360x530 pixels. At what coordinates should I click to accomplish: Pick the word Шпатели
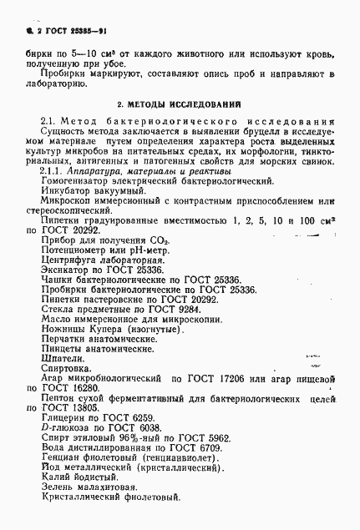[60, 355]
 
